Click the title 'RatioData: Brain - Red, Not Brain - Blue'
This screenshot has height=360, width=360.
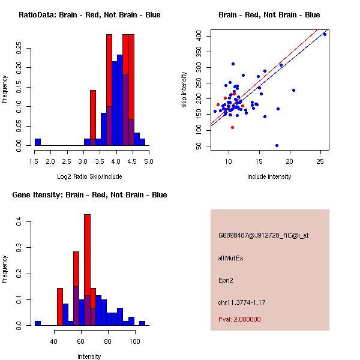point(89,15)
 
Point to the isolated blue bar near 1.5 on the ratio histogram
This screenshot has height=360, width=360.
point(38,142)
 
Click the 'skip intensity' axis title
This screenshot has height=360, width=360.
point(184,90)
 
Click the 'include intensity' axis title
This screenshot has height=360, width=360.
point(269,176)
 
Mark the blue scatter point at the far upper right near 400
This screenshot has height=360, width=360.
point(325,34)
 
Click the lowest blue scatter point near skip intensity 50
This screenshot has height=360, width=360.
point(277,145)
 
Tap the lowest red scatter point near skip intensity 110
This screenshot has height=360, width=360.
point(232,127)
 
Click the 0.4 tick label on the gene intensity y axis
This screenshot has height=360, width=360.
point(20,223)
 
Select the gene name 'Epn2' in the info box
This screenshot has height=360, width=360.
point(226,280)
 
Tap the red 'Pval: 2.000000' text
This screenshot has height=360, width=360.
point(239,319)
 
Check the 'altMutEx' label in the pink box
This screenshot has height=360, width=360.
point(230,258)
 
